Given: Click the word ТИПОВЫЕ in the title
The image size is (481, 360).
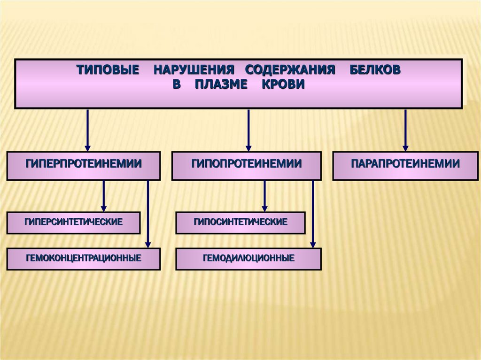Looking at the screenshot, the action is (x=108, y=70).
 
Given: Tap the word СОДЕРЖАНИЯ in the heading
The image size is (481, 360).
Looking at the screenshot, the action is (x=290, y=70).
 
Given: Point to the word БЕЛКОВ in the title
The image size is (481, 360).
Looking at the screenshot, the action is (x=375, y=70).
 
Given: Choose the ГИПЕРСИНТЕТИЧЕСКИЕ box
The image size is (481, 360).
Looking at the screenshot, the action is (x=73, y=222).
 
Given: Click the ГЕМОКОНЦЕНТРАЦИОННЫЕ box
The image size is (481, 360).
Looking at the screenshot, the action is (x=83, y=259).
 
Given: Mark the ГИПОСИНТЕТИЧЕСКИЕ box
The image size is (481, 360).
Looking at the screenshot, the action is (x=240, y=222).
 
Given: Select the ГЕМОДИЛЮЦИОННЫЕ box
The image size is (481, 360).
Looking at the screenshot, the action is (x=248, y=259).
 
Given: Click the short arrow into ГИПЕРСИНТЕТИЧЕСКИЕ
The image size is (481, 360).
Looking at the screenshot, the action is (x=104, y=196).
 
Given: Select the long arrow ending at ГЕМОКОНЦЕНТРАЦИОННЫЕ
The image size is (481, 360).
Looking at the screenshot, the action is (x=148, y=214).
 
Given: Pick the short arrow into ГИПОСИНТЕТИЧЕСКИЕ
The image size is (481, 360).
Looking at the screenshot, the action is (x=264, y=196).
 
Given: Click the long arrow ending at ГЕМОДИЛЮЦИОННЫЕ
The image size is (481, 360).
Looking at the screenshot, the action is (x=313, y=214).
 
